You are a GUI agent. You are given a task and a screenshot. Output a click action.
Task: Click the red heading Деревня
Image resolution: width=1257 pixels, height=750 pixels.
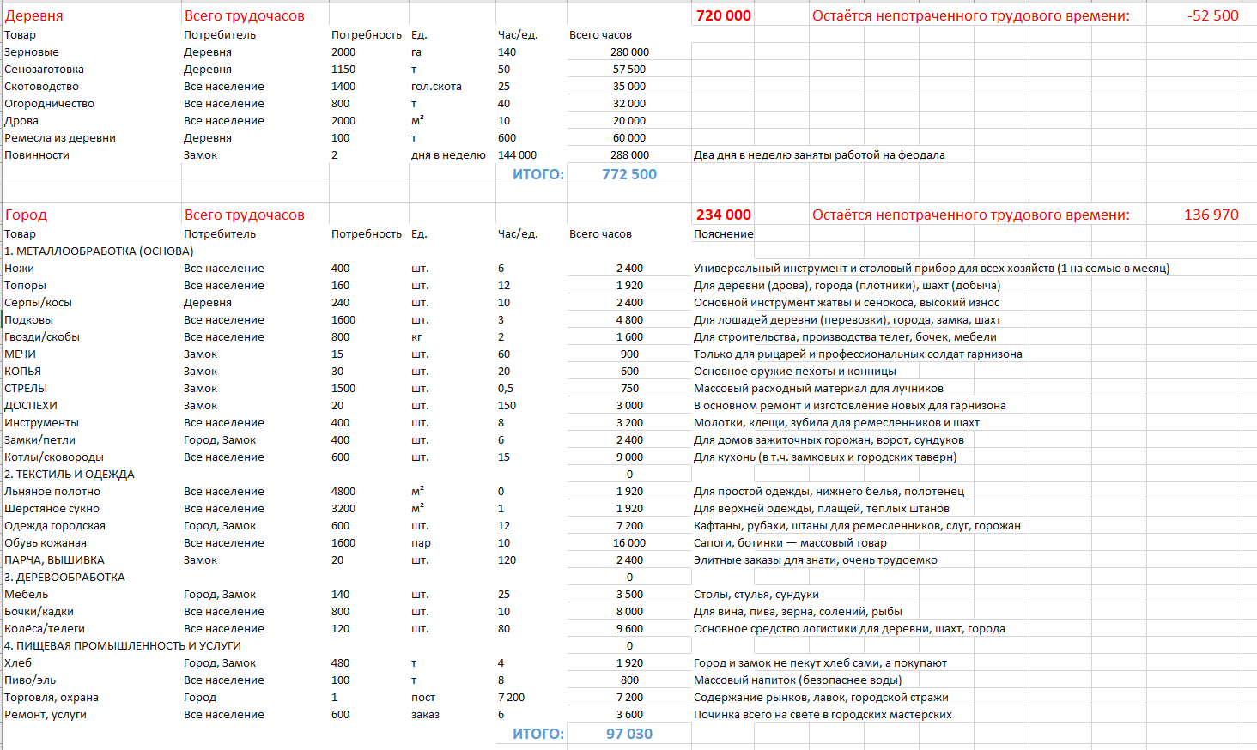point(33,15)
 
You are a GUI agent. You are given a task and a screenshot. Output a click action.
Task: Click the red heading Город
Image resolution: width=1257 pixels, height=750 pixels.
point(26,215)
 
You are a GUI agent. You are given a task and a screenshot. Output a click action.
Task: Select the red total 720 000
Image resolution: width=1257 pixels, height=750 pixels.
point(723,15)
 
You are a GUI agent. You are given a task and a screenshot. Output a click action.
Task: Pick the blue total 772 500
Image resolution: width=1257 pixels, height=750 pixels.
point(628,174)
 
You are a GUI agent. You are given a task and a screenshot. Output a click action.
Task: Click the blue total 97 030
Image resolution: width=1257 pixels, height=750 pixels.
point(628,734)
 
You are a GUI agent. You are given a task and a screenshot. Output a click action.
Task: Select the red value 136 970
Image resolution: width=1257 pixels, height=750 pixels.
point(1211,215)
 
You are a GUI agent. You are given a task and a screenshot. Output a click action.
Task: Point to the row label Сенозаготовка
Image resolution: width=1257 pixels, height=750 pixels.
point(44,70)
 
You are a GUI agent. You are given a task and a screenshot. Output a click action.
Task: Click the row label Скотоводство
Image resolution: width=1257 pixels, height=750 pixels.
point(41,87)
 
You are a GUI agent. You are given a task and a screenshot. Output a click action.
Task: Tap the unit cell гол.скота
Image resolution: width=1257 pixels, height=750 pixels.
point(436,87)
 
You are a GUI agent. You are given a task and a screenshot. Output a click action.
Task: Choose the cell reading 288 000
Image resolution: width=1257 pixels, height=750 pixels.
point(629,155)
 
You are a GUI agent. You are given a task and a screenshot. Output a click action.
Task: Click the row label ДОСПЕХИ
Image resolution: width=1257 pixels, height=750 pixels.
point(31,406)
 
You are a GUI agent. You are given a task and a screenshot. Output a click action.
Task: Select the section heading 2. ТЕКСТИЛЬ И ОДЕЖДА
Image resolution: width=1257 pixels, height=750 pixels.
point(70,475)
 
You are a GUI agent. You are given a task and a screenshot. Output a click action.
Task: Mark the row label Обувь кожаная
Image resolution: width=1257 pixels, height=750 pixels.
point(46,543)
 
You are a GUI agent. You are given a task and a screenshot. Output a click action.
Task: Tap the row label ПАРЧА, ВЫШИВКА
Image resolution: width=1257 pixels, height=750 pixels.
point(54,560)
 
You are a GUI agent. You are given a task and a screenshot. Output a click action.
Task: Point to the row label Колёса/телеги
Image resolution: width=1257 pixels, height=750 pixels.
point(45,629)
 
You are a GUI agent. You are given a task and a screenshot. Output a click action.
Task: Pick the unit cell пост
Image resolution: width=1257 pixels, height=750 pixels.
point(423,698)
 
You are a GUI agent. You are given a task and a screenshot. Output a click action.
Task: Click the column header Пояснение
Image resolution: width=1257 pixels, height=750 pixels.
point(723,234)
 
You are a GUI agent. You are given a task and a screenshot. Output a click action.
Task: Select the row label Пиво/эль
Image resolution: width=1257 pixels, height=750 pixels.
point(30,680)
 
